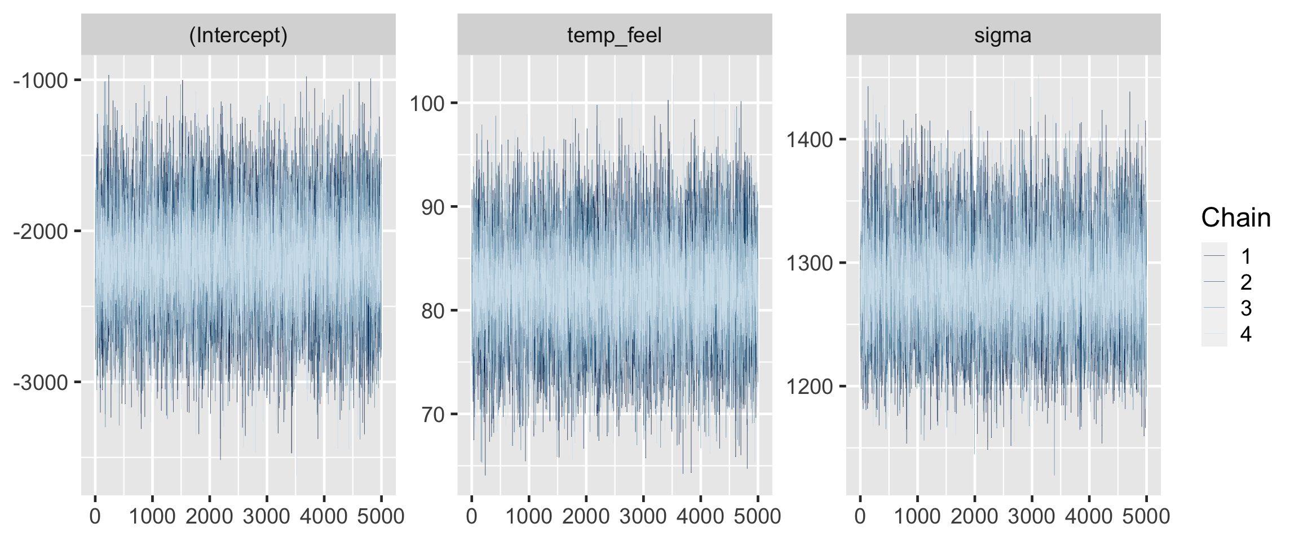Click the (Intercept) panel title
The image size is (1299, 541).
(238, 36)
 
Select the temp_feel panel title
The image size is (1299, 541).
(614, 36)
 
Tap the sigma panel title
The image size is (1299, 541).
(1002, 36)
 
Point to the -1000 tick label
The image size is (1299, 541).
(41, 81)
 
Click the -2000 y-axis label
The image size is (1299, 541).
(41, 232)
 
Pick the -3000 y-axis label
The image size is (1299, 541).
(41, 383)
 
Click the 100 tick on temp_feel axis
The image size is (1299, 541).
(427, 104)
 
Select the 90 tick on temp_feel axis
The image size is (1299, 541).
(433, 207)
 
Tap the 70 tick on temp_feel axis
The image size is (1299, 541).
(433, 415)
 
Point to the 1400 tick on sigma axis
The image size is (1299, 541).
(810, 139)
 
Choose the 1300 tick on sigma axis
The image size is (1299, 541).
(810, 263)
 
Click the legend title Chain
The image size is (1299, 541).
(1236, 218)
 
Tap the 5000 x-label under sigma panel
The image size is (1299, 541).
(1146, 516)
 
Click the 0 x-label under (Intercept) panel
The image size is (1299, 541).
(95, 516)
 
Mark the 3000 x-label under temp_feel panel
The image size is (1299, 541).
(643, 516)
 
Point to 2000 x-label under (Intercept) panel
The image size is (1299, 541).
(209, 516)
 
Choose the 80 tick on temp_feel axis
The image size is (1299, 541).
(433, 311)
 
